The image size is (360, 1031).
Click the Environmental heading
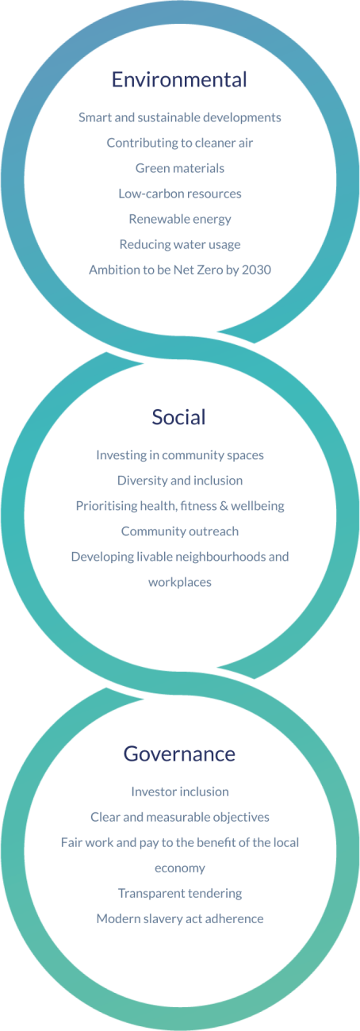(x=179, y=79)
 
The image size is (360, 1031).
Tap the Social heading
(x=178, y=417)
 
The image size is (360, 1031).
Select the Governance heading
(x=179, y=754)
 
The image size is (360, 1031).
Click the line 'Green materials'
(x=179, y=168)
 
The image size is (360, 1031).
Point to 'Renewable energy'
(x=179, y=219)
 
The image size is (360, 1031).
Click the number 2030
(x=256, y=270)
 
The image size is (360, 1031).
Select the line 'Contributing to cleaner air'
(x=179, y=143)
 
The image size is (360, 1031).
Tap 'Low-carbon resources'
(x=179, y=194)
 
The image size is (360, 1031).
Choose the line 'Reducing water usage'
(x=179, y=244)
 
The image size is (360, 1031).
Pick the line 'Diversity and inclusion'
(x=179, y=481)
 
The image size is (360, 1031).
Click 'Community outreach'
(x=179, y=531)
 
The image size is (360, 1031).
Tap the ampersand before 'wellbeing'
(x=224, y=506)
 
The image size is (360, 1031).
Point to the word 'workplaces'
(x=179, y=582)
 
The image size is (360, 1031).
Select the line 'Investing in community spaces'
(x=179, y=455)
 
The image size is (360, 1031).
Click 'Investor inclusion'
(x=179, y=791)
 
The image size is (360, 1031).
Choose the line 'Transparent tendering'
(x=179, y=893)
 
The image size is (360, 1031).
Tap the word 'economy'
(x=179, y=868)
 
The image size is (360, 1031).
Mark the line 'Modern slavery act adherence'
(x=179, y=918)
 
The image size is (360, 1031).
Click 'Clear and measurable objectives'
(x=179, y=818)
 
